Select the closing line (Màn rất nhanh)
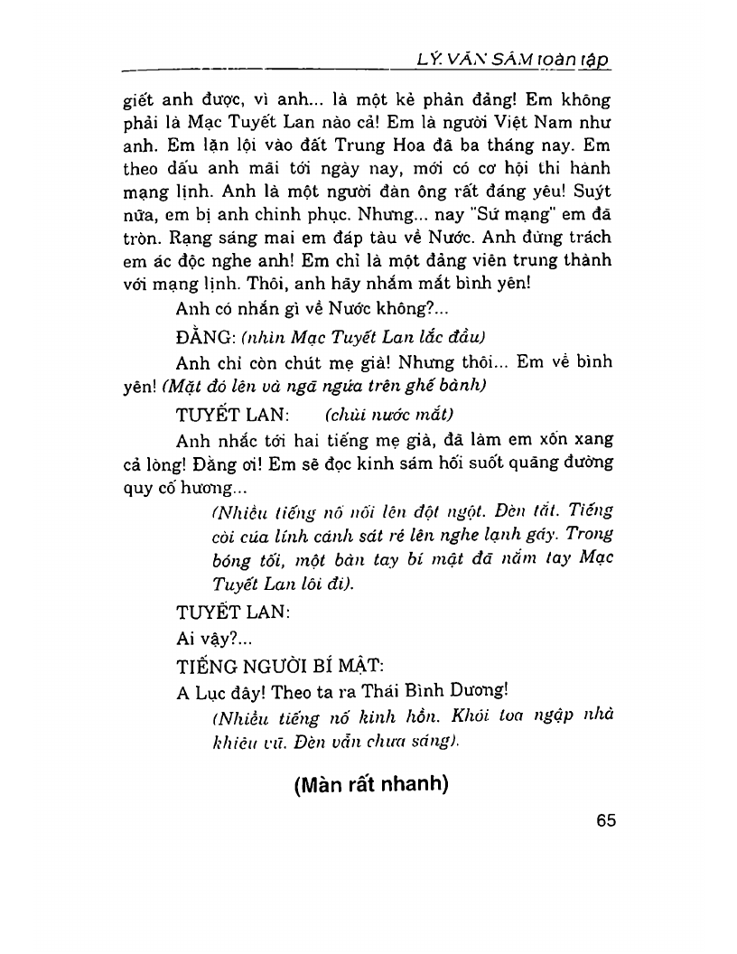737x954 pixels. [371, 785]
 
